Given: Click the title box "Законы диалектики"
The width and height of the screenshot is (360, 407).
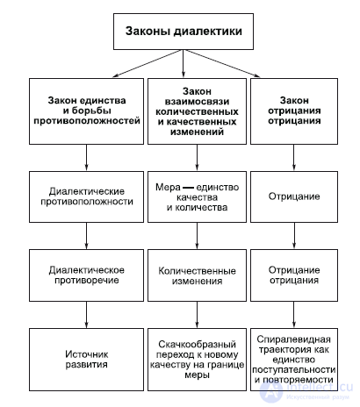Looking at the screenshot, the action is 184,32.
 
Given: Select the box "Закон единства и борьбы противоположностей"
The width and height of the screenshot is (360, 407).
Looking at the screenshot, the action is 86,111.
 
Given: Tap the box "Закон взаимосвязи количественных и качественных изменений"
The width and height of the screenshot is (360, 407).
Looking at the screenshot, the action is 197,111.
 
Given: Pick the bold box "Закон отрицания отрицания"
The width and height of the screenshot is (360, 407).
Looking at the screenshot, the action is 294,111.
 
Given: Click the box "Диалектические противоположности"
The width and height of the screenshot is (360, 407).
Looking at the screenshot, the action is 86,196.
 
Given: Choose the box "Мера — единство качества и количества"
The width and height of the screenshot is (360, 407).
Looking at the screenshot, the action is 197,196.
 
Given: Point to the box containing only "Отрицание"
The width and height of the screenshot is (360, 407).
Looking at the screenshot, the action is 294,196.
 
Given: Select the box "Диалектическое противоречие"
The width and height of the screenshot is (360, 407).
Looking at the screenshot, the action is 86,275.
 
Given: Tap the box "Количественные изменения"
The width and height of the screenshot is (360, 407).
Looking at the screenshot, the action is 197,275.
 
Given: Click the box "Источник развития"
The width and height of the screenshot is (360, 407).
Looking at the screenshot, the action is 86,360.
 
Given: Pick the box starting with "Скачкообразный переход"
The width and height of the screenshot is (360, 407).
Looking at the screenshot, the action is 197,360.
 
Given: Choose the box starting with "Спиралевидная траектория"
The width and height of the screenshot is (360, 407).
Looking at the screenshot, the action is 294,360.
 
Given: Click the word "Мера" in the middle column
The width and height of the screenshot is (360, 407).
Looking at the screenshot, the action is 168,187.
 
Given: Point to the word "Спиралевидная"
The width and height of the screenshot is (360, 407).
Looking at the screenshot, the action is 294,339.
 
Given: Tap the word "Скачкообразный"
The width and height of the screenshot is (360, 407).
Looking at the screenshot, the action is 197,344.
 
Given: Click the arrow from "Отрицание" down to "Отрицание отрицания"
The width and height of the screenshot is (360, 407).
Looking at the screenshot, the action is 294,236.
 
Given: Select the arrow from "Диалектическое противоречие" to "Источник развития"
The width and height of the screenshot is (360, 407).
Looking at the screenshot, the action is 86,315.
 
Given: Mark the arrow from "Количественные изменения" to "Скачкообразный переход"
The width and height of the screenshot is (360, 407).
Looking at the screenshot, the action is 197,315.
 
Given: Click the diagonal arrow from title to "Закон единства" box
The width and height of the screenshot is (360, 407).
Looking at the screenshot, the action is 148,63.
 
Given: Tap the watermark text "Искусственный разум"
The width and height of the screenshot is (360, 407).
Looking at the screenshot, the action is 318,397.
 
